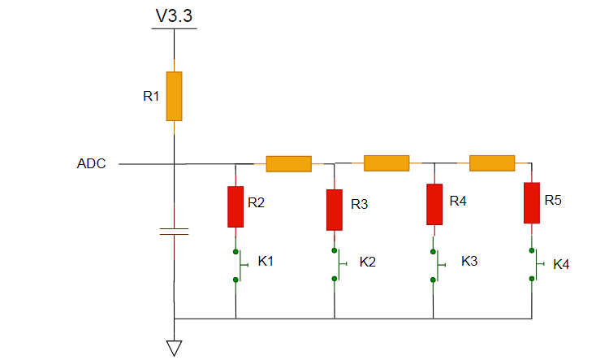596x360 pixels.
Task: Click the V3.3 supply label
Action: (174, 15)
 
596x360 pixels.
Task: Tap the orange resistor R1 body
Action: (174, 96)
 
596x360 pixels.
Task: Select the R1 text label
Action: (151, 96)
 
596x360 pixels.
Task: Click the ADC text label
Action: (91, 163)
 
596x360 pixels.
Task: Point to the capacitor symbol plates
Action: (174, 232)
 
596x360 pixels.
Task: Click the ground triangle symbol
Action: (174, 348)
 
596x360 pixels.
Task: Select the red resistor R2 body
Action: (235, 206)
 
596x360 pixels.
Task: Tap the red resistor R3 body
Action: (335, 210)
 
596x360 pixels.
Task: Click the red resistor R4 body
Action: (434, 204)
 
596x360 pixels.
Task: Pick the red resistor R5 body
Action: (532, 203)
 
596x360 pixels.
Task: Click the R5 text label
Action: (553, 200)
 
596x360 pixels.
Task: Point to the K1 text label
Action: (266, 261)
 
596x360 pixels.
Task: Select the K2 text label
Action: (368, 262)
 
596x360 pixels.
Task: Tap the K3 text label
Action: (469, 261)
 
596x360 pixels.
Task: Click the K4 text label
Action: (561, 264)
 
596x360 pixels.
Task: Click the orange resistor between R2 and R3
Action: (289, 163)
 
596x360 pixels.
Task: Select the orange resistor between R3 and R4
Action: (387, 163)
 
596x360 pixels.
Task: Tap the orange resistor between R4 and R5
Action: (492, 163)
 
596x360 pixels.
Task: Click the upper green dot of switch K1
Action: (235, 252)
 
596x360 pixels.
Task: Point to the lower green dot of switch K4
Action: (532, 279)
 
